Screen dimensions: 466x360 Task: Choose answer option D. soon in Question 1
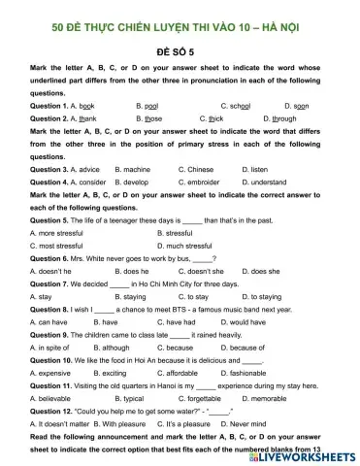(x=297, y=104)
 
